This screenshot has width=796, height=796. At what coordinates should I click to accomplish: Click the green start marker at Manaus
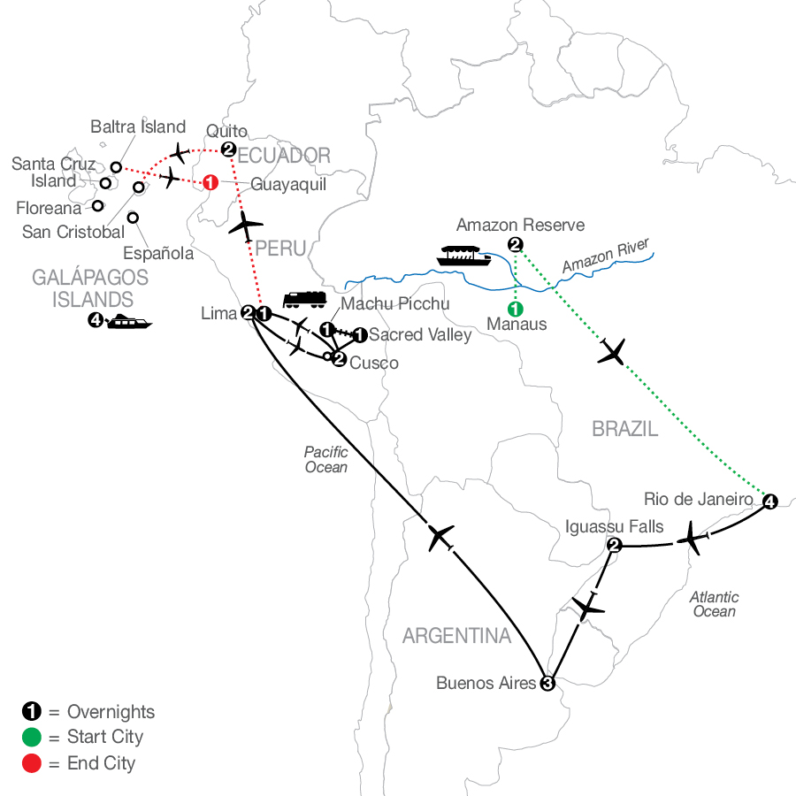click(516, 309)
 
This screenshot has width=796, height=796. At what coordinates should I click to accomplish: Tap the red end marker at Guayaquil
click(210, 182)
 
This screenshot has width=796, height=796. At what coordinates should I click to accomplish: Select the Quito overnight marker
click(228, 149)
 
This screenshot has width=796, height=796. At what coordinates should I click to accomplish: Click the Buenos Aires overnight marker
click(547, 684)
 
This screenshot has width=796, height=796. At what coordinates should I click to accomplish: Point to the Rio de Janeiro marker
click(770, 501)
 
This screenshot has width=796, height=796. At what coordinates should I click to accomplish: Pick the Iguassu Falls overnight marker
click(615, 546)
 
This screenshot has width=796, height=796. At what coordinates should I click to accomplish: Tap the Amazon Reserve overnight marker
click(516, 245)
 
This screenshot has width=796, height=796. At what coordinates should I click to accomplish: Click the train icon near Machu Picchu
click(304, 300)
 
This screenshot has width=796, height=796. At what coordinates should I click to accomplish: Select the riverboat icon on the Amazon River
click(463, 256)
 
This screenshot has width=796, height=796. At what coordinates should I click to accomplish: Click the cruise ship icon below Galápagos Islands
click(129, 322)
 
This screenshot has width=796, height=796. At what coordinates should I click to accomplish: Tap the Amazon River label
click(606, 256)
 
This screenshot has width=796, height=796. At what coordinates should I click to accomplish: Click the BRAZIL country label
click(625, 430)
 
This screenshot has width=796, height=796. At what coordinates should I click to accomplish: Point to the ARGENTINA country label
click(457, 636)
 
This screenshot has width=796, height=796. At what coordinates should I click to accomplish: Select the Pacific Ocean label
click(325, 459)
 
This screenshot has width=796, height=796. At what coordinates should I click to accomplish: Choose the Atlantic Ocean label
click(715, 604)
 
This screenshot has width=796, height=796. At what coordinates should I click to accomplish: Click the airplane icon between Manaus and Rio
click(612, 351)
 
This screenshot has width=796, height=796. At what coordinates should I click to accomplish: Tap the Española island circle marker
click(133, 218)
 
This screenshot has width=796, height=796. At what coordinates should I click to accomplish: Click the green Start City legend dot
click(32, 737)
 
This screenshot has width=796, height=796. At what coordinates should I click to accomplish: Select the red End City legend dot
click(32, 763)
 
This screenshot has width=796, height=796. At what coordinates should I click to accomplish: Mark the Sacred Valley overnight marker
click(360, 335)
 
